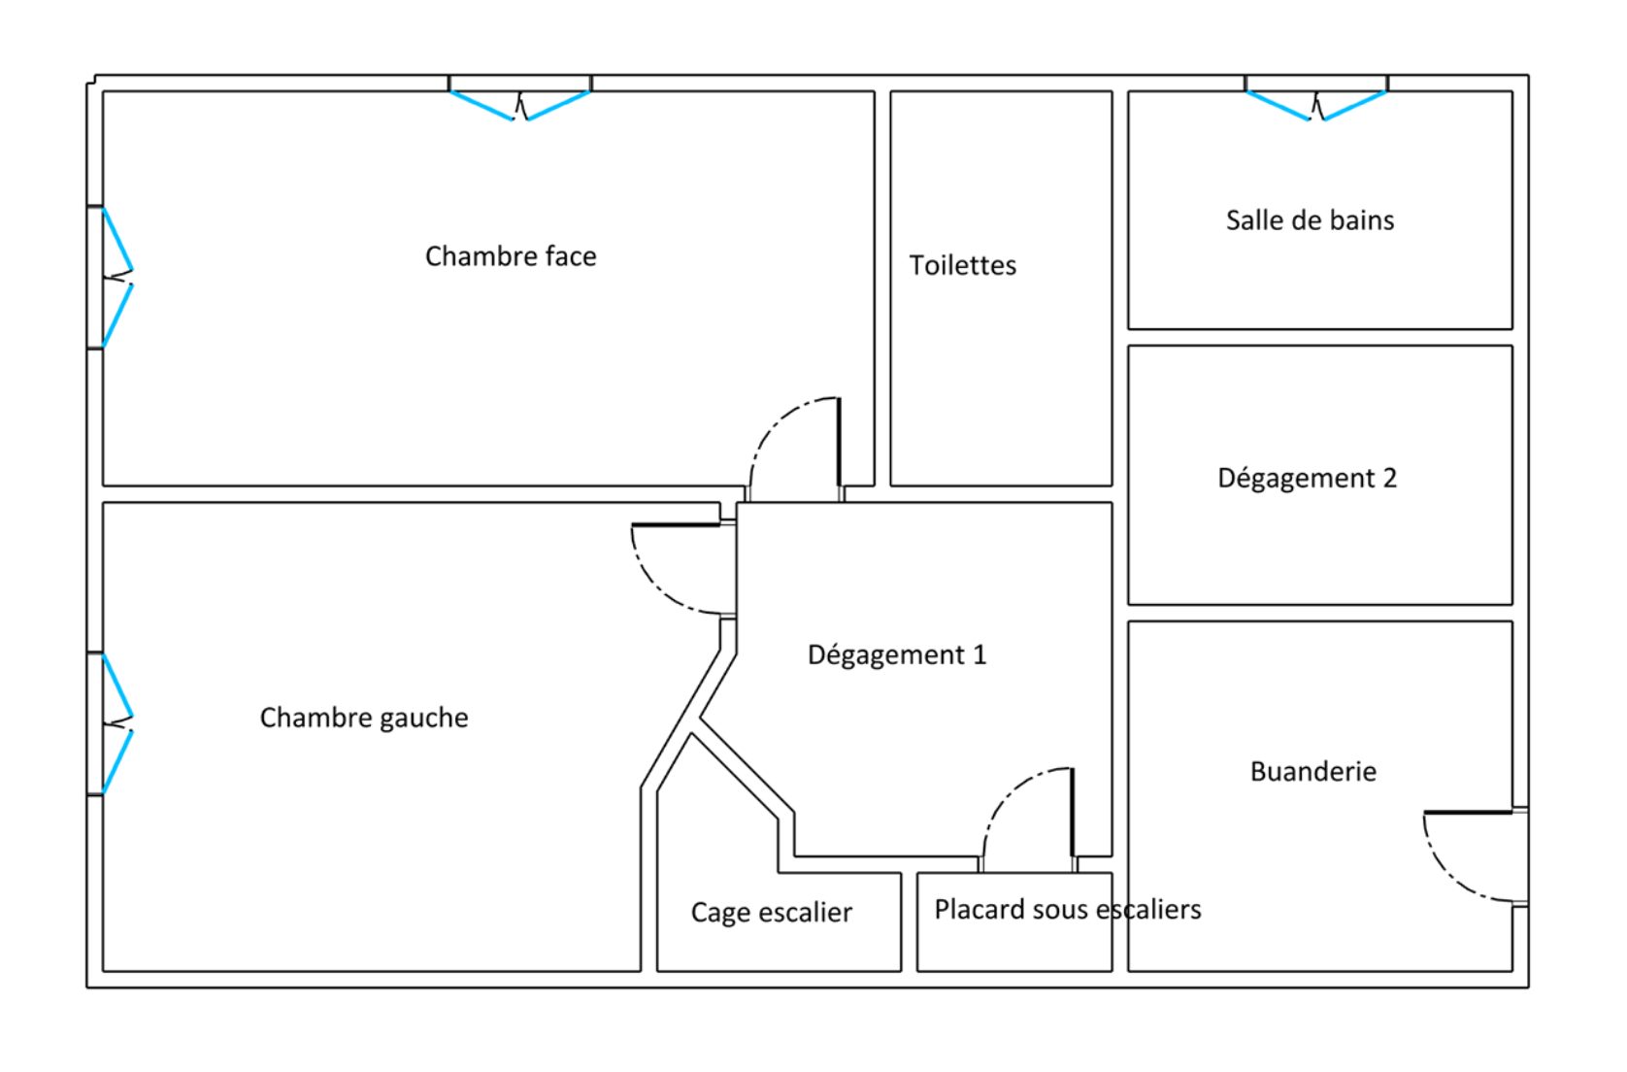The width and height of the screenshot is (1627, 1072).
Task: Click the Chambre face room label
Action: pos(511,256)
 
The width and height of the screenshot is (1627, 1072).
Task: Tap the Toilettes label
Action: pos(962,265)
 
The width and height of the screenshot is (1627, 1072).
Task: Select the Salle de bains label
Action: pos(1310,220)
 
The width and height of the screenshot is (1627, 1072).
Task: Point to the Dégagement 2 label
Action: pos(1307,478)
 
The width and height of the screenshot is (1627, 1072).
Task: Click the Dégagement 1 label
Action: pos(896,654)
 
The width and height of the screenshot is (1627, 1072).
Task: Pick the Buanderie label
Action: pos(1312,771)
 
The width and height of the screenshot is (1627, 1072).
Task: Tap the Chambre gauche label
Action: pos(364,718)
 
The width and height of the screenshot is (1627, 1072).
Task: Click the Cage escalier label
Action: pos(771,912)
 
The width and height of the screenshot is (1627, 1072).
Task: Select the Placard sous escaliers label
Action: pos(1067,909)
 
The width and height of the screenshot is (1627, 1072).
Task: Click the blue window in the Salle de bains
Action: pos(1316,103)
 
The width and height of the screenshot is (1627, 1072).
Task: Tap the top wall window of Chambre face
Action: pos(520,103)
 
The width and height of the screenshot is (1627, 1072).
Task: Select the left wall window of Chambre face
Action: pos(116,277)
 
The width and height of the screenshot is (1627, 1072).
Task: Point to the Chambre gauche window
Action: pos(116,723)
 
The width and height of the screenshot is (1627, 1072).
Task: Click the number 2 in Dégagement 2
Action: pos(1389,478)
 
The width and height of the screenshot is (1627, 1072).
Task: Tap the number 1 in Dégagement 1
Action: pos(980,654)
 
